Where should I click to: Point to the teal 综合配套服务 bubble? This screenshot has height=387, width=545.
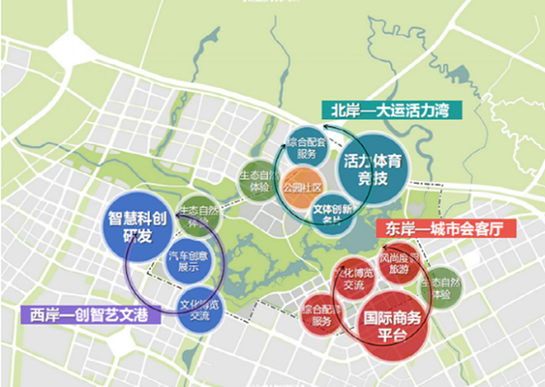[x=305, y=148]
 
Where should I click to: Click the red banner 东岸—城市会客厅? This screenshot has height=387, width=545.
[x=443, y=228]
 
